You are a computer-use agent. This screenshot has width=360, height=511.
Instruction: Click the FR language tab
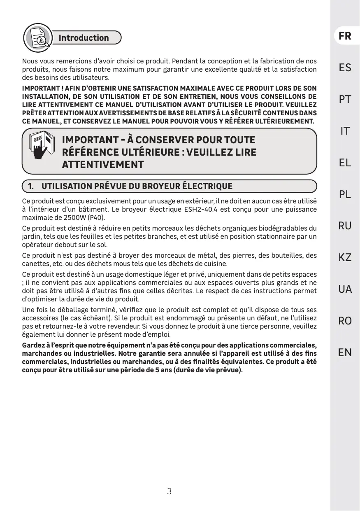(x=345, y=36)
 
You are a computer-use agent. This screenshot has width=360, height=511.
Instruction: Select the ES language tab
(x=345, y=68)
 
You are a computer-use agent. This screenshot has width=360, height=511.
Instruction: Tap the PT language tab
(x=345, y=99)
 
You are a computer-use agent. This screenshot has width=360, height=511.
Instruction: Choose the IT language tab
(x=345, y=131)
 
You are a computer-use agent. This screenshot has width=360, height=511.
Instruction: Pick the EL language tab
(x=345, y=163)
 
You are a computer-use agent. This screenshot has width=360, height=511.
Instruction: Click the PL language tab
(x=345, y=194)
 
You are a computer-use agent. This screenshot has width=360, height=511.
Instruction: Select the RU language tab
(x=345, y=226)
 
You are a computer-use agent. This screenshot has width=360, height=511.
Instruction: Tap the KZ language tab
(x=345, y=257)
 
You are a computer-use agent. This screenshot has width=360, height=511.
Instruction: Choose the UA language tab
(x=345, y=289)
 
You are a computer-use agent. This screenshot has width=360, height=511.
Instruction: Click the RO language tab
(x=345, y=321)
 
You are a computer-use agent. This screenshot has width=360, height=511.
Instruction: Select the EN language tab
(x=345, y=352)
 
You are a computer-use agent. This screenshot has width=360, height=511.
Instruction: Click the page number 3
(x=169, y=491)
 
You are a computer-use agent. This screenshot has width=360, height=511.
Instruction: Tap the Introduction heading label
(x=84, y=38)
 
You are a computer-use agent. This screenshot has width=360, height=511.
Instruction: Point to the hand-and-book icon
(x=42, y=146)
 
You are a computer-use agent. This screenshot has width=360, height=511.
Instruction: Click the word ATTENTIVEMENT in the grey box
(x=103, y=165)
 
